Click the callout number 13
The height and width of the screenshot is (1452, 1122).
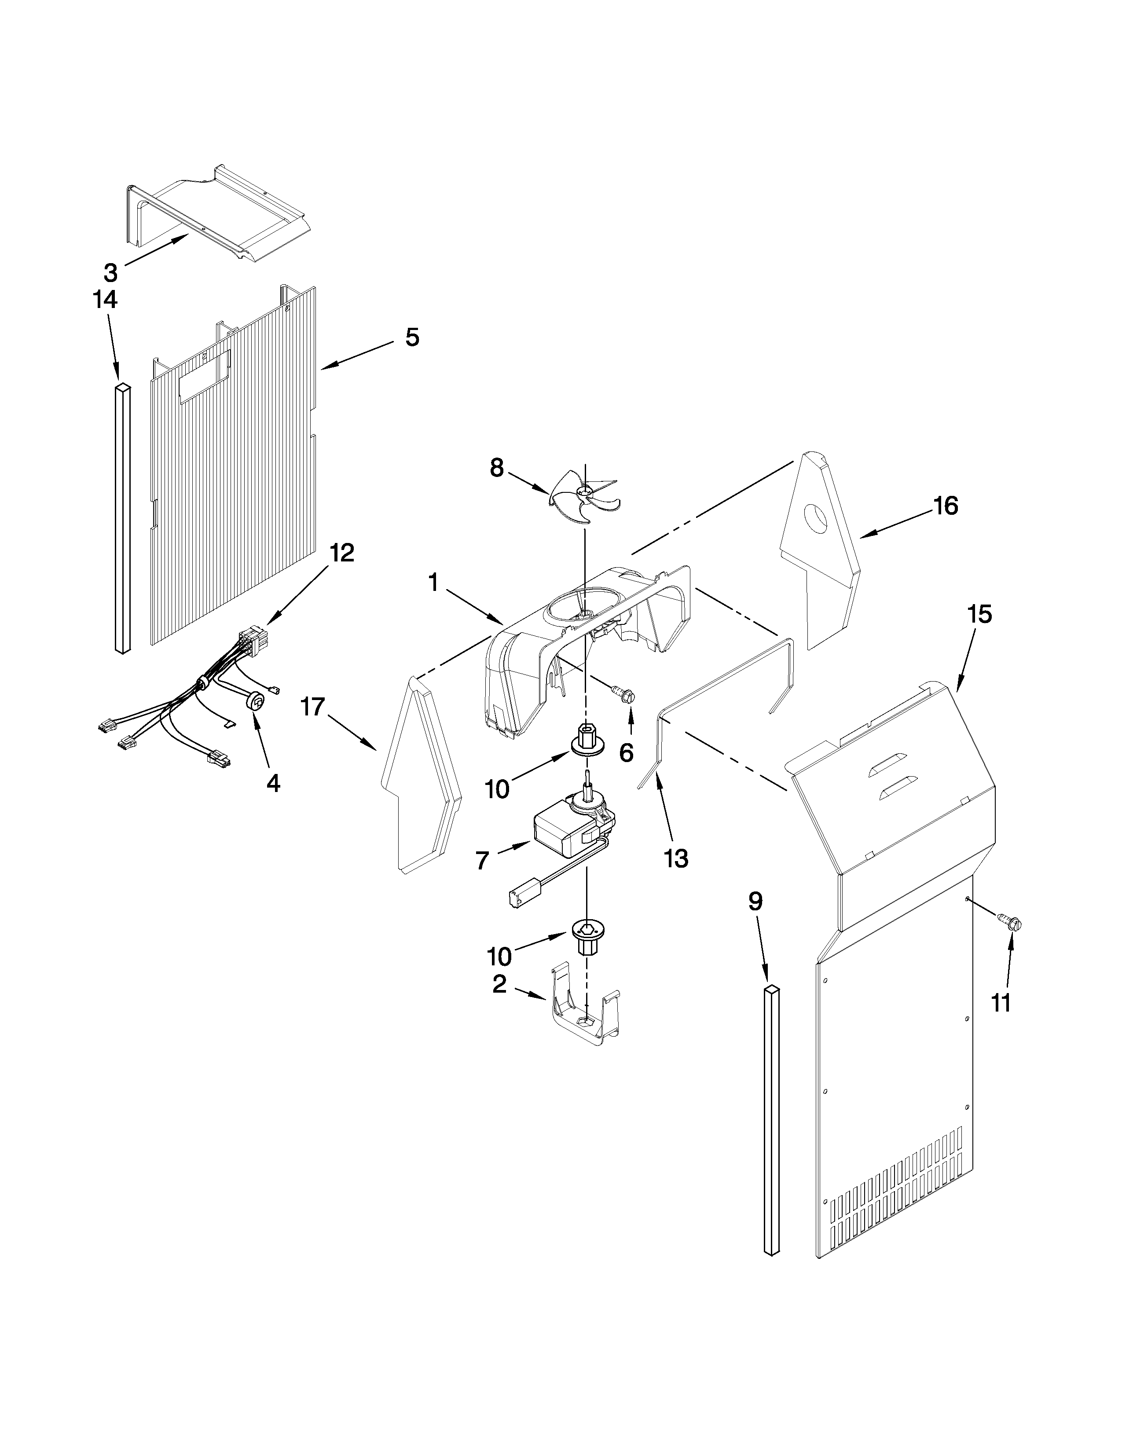[x=675, y=858]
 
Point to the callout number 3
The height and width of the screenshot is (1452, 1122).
[x=110, y=272]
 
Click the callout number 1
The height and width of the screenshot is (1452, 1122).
[x=433, y=583]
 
